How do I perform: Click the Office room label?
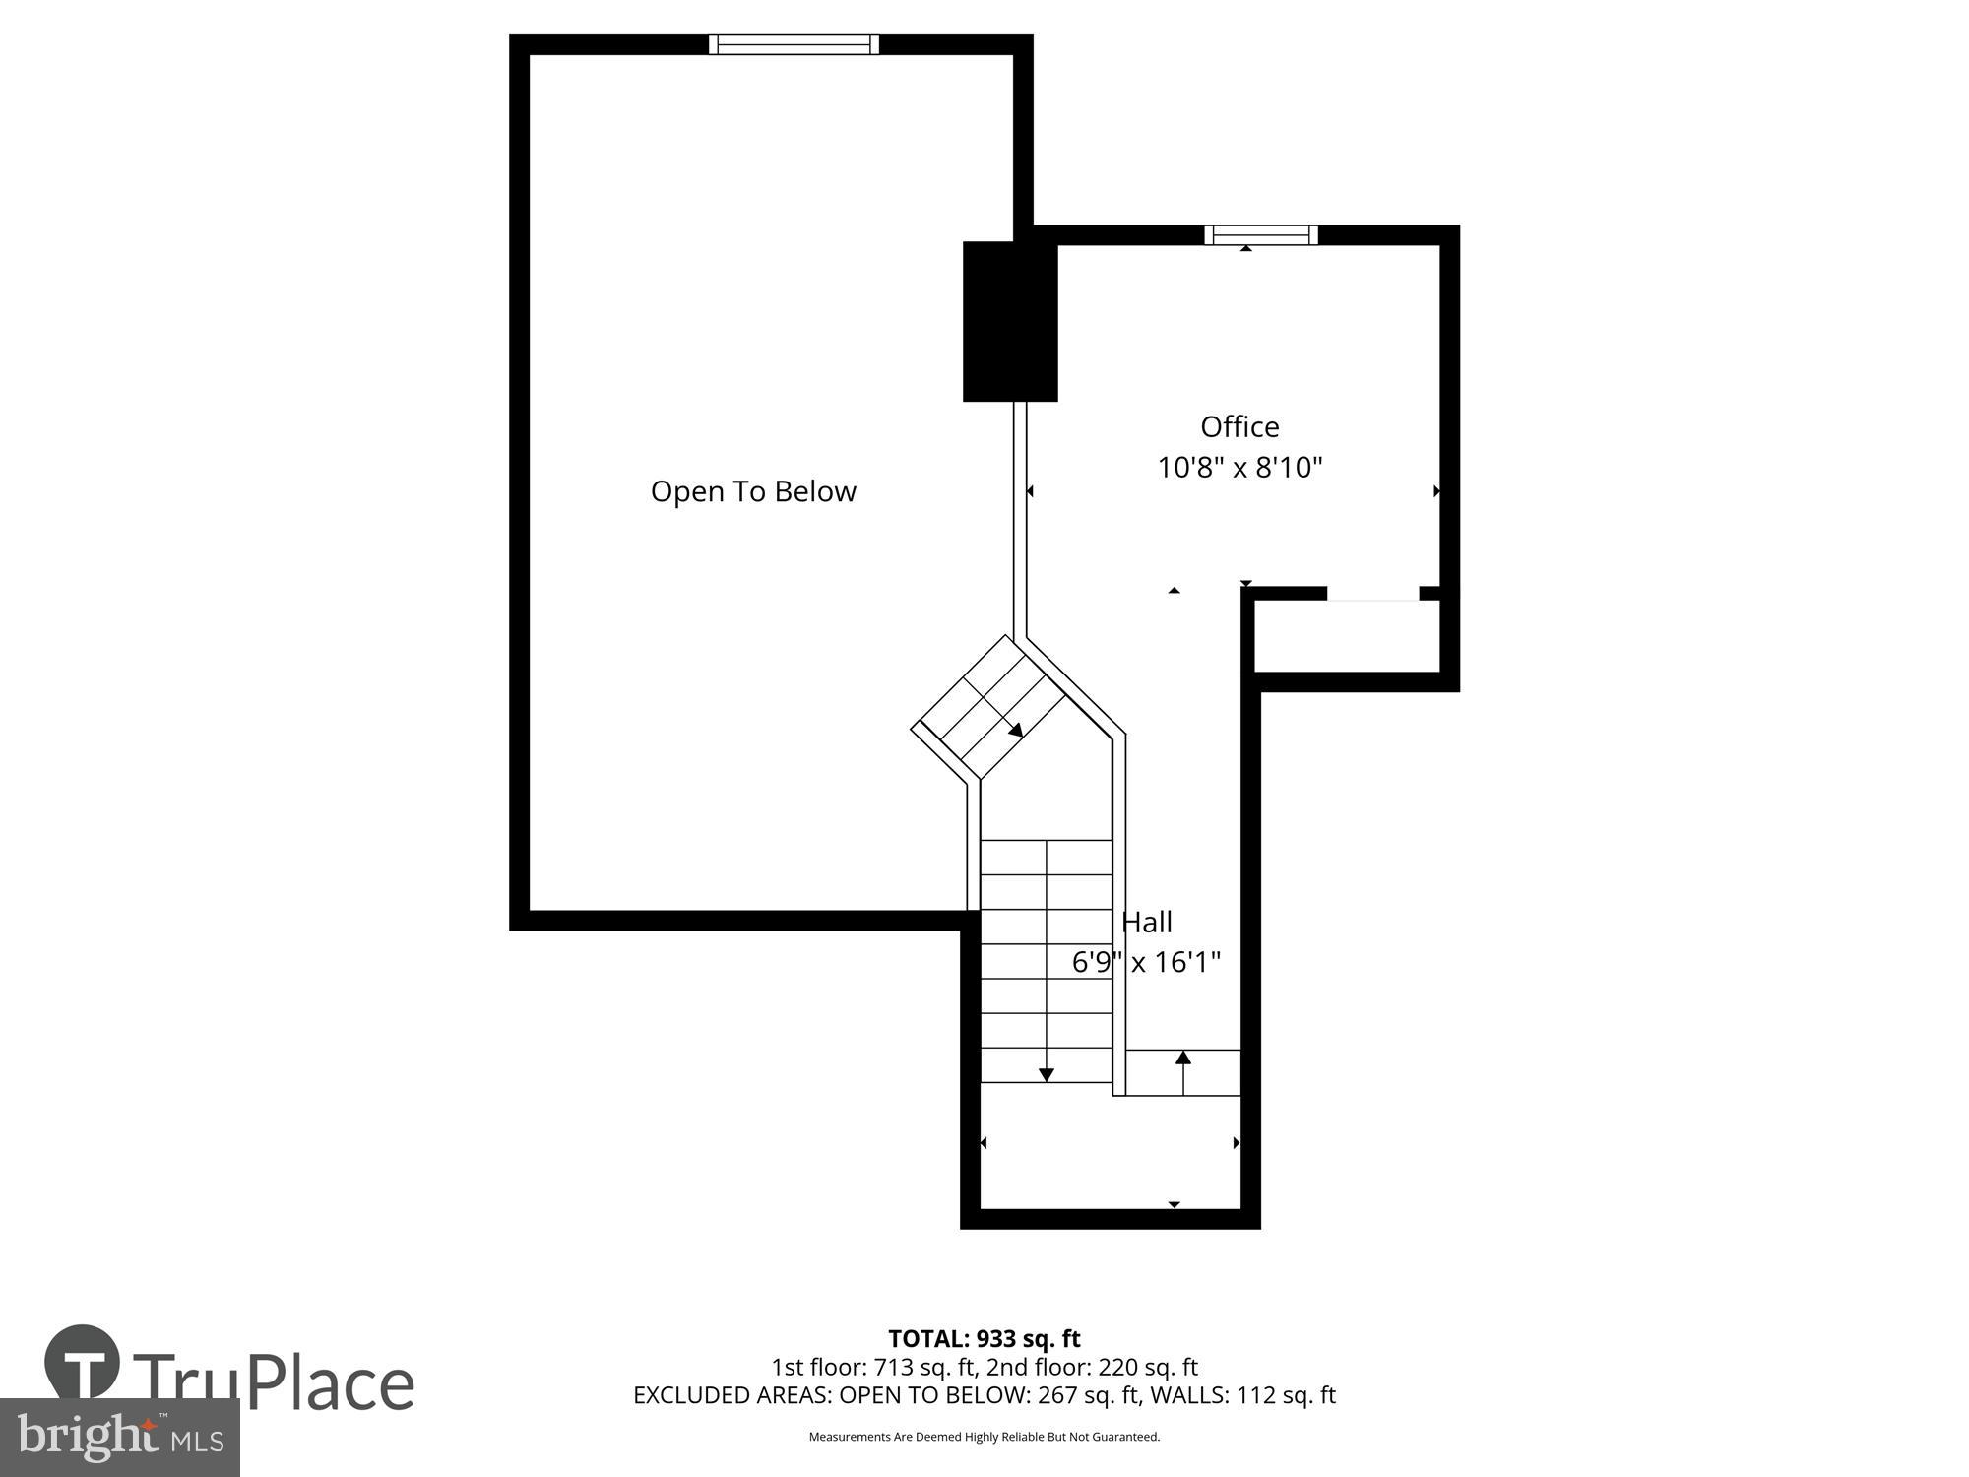[x=1239, y=427]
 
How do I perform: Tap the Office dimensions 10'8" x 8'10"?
[x=1239, y=467]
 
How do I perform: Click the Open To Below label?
[x=753, y=491]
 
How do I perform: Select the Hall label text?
[x=1147, y=923]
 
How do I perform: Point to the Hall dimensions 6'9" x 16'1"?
[x=1146, y=962]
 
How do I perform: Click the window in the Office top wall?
[x=1260, y=234]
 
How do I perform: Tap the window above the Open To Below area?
[x=794, y=44]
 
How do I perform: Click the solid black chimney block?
[x=1010, y=322]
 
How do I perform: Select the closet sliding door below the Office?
[x=1372, y=594]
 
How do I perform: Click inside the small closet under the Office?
[x=1347, y=636]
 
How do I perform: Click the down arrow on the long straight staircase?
[x=1047, y=1073]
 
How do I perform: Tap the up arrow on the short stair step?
[x=1183, y=1060]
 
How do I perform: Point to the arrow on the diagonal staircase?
[x=1015, y=730]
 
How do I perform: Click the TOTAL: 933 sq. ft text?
[x=984, y=1339]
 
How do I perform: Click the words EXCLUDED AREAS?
[x=730, y=1395]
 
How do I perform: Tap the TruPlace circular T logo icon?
[x=83, y=1364]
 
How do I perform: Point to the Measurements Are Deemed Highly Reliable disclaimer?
[x=984, y=1437]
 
